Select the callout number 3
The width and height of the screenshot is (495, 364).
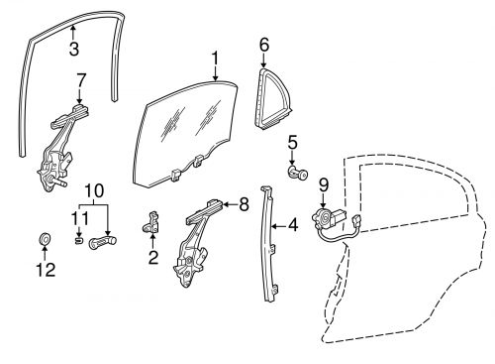pos(75,48)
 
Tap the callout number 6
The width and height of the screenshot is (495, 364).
pos(264,45)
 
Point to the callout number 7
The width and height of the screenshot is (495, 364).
pos(81,77)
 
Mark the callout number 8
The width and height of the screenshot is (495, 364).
pos(244,205)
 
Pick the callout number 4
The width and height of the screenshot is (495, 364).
pos(292,224)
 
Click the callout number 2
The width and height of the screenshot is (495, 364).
pos(153,259)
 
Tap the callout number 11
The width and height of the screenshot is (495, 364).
pos(77,218)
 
